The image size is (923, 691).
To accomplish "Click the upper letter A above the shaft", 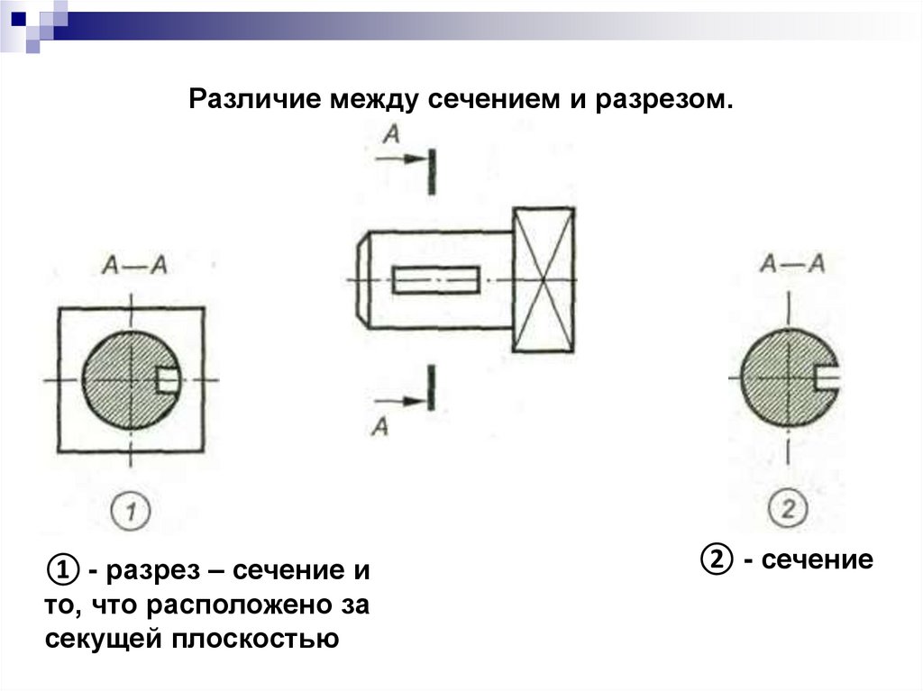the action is coord(391,134).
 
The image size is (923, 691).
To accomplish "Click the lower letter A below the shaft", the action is coord(380,426).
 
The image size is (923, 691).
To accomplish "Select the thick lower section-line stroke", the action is coord(434,387).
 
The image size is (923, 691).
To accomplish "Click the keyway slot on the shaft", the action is coord(436,280).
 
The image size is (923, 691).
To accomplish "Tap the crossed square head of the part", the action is coord(543,279).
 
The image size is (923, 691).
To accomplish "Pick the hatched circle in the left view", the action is coord(122,379).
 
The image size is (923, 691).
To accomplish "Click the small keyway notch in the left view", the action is coord(168,379).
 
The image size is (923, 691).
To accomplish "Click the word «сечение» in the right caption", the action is coord(817,560).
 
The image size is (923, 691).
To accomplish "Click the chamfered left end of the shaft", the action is coord(363,279).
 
